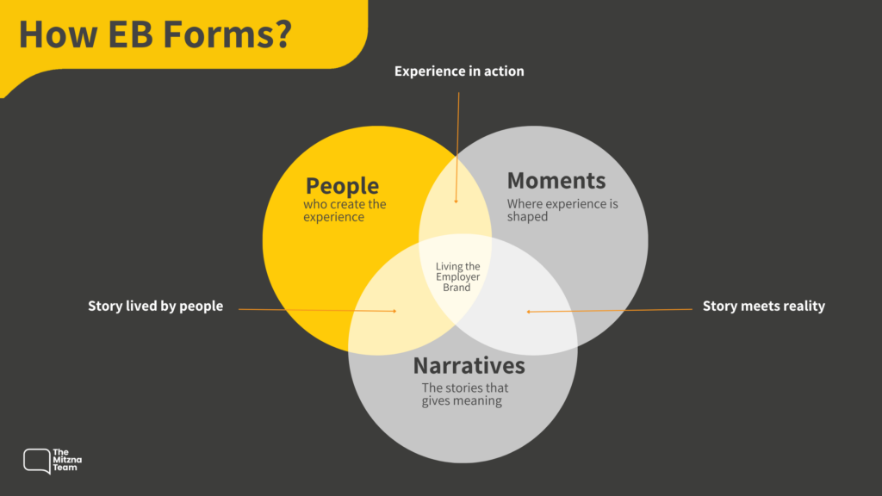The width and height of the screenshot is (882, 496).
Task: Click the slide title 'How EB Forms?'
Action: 155,34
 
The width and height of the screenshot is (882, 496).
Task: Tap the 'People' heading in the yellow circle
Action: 342,186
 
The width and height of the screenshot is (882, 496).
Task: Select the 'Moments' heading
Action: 556,181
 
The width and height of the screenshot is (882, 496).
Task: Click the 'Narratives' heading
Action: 469,365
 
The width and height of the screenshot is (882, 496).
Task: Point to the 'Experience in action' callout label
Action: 459,71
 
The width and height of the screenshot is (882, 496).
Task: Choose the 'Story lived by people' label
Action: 155,306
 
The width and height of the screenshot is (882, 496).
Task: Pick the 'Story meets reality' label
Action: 764,306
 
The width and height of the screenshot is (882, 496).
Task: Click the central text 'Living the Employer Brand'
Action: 457,276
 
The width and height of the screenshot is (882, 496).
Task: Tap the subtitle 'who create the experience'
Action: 345,210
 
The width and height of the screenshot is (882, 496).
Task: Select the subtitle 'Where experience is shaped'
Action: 562,210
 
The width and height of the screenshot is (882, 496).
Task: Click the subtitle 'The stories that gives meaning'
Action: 464,394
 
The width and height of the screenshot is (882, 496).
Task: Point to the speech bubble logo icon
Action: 36,462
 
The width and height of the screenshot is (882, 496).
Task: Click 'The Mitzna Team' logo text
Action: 67,460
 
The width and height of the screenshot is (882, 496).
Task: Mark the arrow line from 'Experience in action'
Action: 457,148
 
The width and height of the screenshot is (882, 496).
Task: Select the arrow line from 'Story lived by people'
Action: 317,310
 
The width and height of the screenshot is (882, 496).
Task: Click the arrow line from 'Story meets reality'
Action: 609,310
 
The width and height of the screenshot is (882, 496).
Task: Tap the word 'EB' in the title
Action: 130,34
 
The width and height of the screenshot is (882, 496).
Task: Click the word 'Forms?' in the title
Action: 227,34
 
